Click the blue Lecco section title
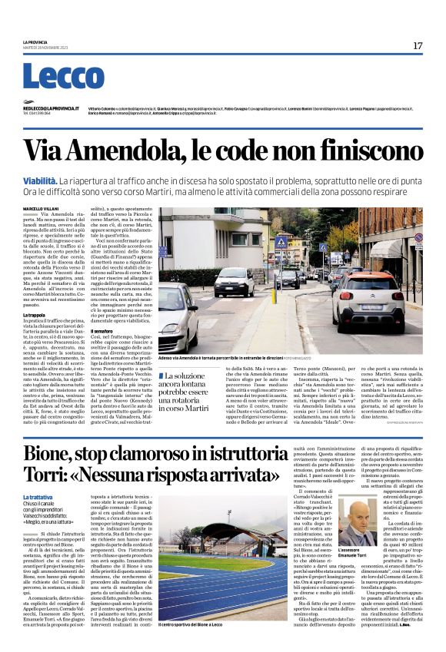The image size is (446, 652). tap(63, 76)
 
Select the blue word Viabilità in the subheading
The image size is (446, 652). tap(43, 180)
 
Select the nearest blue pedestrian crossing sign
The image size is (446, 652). tap(281, 242)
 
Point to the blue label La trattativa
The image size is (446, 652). tap(38, 498)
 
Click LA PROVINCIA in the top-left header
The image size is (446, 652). tap(35, 42)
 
